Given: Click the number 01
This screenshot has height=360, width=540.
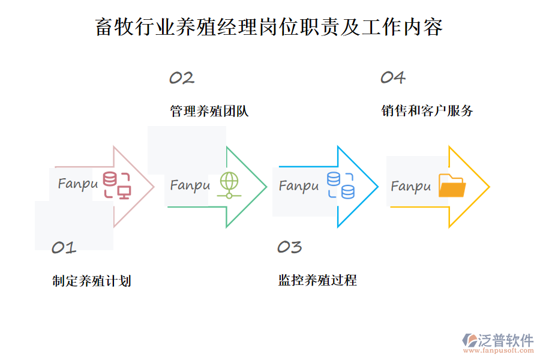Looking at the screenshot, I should click(64, 247).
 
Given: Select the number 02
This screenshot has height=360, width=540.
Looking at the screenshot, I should click(181, 78).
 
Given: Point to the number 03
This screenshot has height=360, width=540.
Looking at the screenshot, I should click(289, 247).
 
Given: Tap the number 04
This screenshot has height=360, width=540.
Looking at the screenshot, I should click(393, 77).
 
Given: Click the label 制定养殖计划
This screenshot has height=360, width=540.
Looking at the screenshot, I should click(92, 281).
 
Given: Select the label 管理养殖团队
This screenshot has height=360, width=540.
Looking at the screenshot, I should click(209, 111).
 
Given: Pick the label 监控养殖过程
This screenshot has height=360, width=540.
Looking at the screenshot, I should click(317, 280).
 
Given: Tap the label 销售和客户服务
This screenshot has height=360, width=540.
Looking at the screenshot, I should click(427, 110).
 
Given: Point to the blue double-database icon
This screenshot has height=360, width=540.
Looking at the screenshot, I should click(340, 185).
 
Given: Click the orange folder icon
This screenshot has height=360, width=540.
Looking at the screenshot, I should click(452, 186).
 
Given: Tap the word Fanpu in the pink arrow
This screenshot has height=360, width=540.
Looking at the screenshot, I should click(78, 184).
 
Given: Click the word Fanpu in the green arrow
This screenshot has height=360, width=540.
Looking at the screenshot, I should click(190, 185).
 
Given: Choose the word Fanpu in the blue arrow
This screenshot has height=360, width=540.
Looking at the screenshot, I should click(299, 186).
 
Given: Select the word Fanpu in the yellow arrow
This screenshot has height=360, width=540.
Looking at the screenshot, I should click(411, 187).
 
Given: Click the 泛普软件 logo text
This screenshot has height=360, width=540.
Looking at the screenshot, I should click(506, 340).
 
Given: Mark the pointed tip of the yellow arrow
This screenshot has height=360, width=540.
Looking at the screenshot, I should click(489, 187).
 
